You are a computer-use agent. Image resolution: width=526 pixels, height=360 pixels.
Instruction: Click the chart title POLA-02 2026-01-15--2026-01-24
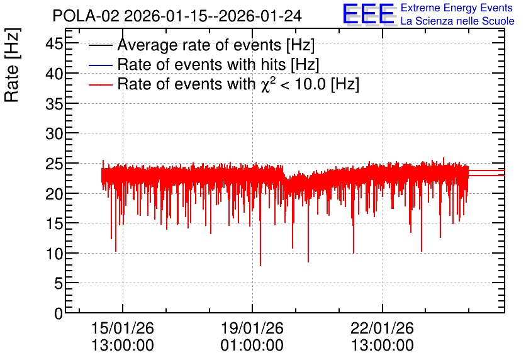coord(177,16)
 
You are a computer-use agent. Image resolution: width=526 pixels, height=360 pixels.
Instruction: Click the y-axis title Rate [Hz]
coord(12,65)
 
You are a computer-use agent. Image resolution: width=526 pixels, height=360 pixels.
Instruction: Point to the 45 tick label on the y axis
coord(54,43)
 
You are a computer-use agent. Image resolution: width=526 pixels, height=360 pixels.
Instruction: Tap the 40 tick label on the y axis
coord(54,74)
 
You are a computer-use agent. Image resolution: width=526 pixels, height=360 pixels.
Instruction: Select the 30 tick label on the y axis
coord(54,133)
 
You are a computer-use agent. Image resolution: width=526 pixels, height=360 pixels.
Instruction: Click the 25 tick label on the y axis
coord(54,164)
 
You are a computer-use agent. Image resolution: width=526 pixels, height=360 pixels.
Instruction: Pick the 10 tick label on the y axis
coord(54,254)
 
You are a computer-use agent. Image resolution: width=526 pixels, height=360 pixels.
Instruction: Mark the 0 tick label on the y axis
coord(59,313)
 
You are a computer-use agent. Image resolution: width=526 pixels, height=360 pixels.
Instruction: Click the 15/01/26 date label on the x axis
coord(123,328)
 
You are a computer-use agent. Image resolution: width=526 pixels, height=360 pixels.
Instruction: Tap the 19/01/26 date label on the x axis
coord(252,328)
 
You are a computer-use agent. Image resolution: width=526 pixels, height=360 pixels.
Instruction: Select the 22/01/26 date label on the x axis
coord(382,328)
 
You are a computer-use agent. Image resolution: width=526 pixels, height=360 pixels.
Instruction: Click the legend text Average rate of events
coord(199,45)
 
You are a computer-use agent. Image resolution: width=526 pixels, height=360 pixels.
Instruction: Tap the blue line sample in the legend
coord(100,65)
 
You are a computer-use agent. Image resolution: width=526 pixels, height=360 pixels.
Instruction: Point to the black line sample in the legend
coord(100,45)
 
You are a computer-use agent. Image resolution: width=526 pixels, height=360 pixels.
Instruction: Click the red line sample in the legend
coord(100,85)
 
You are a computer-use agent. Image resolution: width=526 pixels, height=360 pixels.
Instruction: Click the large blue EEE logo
coord(369,14)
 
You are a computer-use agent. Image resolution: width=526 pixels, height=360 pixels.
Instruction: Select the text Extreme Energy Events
coord(457,8)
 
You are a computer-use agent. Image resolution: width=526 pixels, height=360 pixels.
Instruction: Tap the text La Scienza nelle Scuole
coord(457,21)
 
